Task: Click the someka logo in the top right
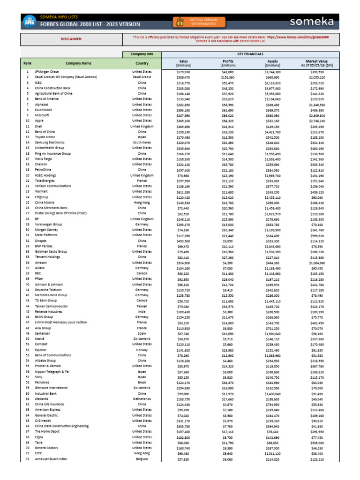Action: pos(311,22)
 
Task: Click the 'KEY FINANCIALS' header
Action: pos(250,54)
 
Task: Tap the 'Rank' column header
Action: pos(27,63)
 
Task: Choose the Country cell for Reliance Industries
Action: pos(142,311)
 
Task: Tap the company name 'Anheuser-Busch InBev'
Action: pos(52,459)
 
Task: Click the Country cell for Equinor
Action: pos(142,350)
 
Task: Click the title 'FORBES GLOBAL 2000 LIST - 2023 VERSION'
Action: pos(90,24)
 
